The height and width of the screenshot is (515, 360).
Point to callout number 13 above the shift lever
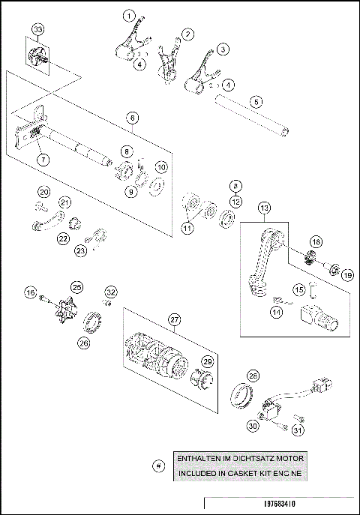tap(264, 208)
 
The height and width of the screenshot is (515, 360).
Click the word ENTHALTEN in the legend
tap(196, 457)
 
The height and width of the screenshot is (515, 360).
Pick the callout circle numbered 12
tap(235, 200)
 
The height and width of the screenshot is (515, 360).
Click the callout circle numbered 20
tap(43, 193)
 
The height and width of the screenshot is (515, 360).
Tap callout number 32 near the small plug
tap(110, 292)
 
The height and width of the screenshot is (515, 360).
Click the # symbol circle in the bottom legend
tap(157, 466)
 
